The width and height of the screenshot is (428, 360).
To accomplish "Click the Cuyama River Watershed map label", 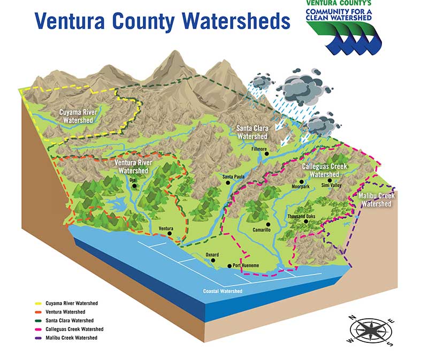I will [x=78, y=116].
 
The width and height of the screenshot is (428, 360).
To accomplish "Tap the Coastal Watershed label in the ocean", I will [x=223, y=291].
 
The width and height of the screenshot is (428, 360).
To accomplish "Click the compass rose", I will [x=370, y=331].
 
